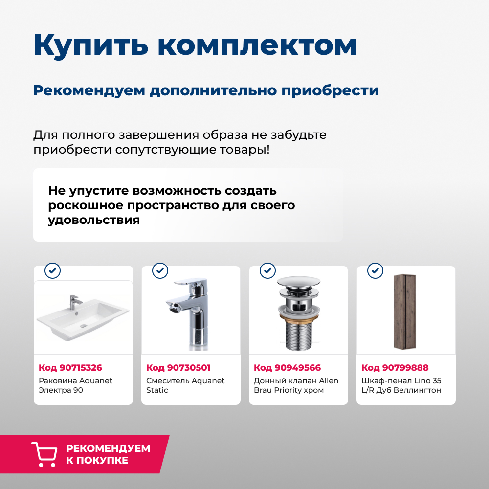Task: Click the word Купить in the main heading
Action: [91, 45]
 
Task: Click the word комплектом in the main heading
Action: [258, 45]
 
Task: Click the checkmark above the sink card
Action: [52, 270]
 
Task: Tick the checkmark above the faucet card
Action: [160, 270]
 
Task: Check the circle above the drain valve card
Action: [267, 270]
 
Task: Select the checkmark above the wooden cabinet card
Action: [375, 270]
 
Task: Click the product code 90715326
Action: [70, 368]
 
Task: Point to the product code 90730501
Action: [178, 368]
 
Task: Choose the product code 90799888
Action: [395, 368]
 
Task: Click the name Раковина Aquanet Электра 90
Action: [75, 385]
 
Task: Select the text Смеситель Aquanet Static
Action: [185, 385]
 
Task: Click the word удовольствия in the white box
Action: [94, 220]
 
